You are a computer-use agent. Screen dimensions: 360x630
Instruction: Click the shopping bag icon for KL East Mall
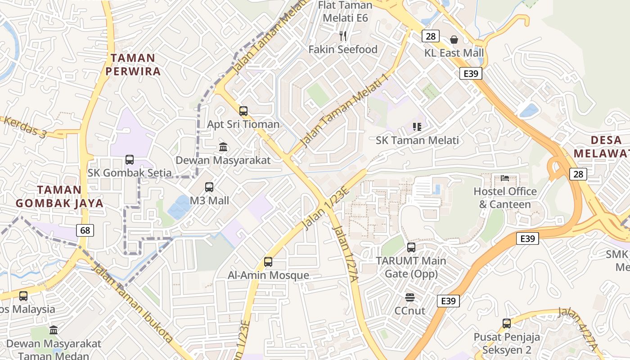click(454, 40)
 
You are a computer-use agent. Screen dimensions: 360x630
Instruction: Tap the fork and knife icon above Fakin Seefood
click(343, 36)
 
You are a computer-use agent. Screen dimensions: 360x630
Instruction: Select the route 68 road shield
click(85, 231)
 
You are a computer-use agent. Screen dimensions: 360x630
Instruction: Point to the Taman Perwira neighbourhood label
click(133, 65)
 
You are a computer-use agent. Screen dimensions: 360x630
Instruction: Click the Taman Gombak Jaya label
click(59, 197)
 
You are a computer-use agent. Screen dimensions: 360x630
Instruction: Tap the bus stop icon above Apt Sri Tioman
click(243, 111)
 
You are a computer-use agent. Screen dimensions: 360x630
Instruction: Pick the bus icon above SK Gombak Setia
click(130, 160)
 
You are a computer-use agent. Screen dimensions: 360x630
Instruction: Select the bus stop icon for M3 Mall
click(209, 187)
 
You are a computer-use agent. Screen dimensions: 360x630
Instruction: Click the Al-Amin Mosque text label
click(268, 275)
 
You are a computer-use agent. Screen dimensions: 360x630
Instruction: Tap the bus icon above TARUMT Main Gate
click(411, 247)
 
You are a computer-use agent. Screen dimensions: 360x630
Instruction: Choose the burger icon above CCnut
click(409, 297)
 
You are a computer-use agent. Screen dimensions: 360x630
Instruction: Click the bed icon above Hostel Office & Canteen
click(505, 178)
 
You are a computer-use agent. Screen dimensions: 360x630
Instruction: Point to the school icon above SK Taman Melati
click(417, 127)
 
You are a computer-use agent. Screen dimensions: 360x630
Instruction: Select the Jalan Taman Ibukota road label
click(132, 304)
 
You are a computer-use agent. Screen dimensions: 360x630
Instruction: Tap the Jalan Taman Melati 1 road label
click(344, 110)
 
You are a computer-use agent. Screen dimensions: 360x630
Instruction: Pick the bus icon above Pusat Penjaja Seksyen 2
click(507, 323)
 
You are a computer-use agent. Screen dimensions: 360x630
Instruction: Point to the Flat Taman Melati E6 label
click(345, 12)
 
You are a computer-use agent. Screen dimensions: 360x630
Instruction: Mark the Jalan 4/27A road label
click(578, 328)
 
